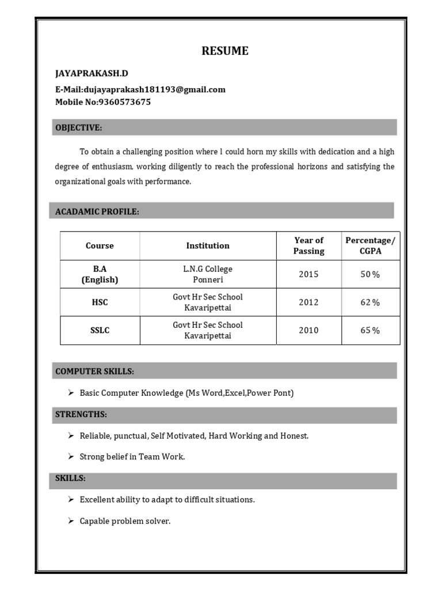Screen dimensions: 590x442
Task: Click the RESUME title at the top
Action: click(x=225, y=51)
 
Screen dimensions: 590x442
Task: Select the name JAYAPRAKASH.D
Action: click(x=92, y=74)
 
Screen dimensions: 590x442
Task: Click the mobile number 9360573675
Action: click(x=124, y=102)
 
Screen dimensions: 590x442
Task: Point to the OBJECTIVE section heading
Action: click(x=79, y=127)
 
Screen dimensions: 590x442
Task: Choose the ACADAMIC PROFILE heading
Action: click(x=97, y=211)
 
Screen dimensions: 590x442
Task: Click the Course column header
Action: click(x=100, y=245)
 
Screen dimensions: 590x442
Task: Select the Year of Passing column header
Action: click(x=308, y=245)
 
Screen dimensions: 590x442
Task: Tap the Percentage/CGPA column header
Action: click(x=370, y=245)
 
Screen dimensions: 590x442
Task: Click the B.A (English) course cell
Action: click(x=100, y=274)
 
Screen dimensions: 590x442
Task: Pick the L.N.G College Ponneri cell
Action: click(x=208, y=274)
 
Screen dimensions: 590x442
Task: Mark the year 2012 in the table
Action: click(x=308, y=302)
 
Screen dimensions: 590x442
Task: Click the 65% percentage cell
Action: click(x=370, y=330)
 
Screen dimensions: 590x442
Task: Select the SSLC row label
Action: click(x=100, y=330)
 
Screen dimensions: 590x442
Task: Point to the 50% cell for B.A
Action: click(x=370, y=274)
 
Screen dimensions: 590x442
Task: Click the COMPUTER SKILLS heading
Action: click(x=95, y=372)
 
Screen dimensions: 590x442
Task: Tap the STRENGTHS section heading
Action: click(x=81, y=414)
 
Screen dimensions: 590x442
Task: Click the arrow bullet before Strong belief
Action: click(x=70, y=456)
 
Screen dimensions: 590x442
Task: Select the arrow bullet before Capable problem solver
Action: click(x=70, y=521)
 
